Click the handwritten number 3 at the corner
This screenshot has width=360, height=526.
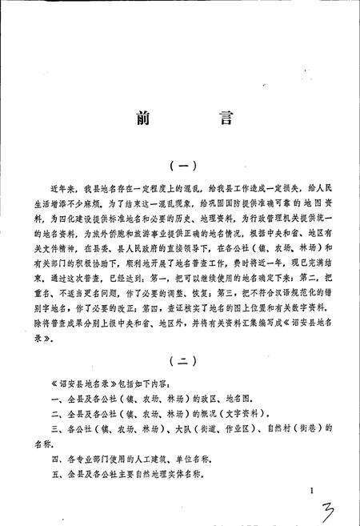pos(329,507)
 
